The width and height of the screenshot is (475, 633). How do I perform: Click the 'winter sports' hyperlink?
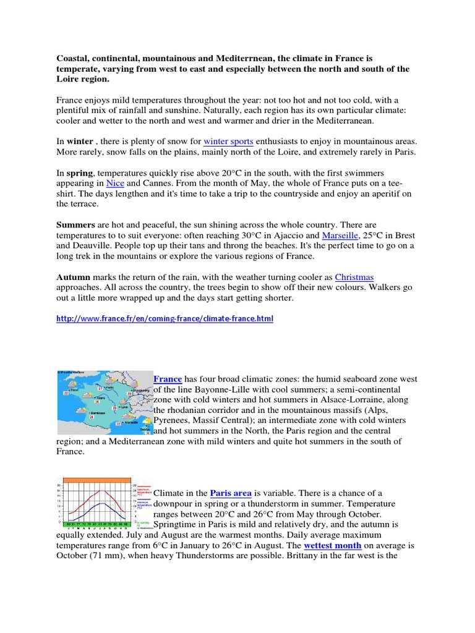pyautogui.click(x=228, y=142)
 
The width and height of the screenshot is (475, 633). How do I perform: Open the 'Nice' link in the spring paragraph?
pyautogui.click(x=116, y=183)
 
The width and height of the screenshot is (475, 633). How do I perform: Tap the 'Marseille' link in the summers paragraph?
pyautogui.click(x=340, y=235)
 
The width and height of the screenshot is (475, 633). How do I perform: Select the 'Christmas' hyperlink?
pyautogui.click(x=354, y=277)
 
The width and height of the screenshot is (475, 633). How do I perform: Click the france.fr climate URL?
pyautogui.click(x=165, y=319)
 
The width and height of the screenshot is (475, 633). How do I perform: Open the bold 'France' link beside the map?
pyautogui.click(x=167, y=379)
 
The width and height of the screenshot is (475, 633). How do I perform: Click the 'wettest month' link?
pyautogui.click(x=331, y=545)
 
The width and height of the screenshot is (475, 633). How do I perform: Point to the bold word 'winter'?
pyautogui.click(x=80, y=142)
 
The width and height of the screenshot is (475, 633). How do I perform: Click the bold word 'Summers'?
pyautogui.click(x=77, y=224)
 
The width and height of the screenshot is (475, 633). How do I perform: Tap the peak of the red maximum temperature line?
pyautogui.click(x=103, y=491)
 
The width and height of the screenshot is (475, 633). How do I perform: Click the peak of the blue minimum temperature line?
pyautogui.click(x=103, y=503)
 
